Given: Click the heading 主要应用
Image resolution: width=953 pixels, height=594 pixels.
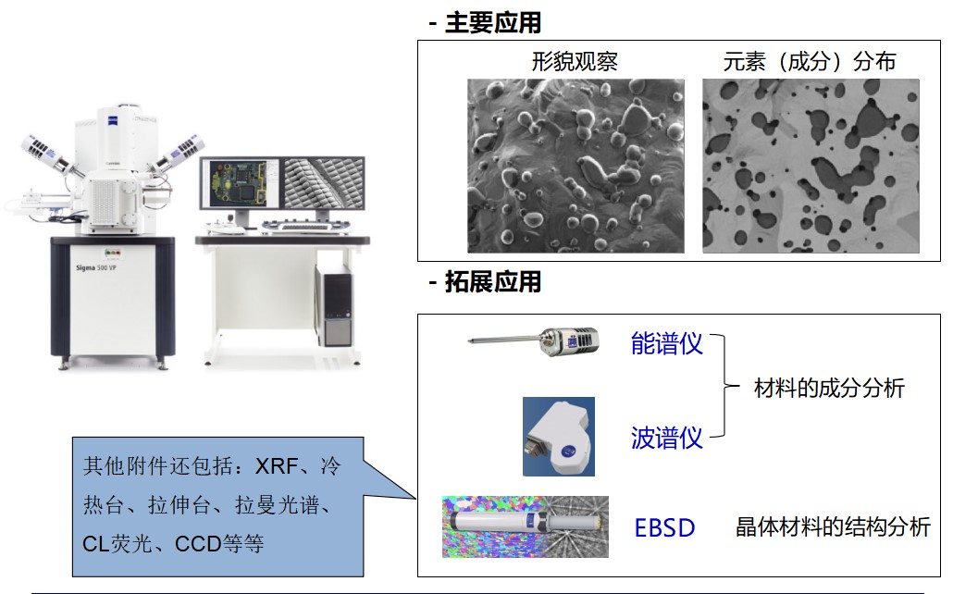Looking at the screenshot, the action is (493, 23).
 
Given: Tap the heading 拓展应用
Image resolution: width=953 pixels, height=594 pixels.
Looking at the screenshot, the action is (493, 282).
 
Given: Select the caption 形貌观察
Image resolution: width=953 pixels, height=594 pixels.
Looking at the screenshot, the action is (575, 61).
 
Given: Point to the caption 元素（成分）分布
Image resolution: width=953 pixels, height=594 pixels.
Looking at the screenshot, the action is (809, 61).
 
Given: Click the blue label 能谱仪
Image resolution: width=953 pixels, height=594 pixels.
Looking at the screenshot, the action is (667, 344).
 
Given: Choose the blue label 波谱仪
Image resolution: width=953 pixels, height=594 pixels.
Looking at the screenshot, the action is (667, 438).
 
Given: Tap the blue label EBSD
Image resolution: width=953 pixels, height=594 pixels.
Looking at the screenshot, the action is (664, 527).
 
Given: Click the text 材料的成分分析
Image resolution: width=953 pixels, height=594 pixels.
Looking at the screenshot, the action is (829, 388).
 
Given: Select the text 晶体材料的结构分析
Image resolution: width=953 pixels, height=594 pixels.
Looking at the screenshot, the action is (833, 526).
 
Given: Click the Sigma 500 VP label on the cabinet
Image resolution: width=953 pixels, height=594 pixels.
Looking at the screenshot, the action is (96, 267).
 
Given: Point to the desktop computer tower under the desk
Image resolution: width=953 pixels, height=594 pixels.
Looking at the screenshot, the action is (334, 305).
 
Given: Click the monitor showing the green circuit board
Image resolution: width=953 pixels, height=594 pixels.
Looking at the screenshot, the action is (240, 184).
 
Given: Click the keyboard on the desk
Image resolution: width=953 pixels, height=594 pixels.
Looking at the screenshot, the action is (306, 228).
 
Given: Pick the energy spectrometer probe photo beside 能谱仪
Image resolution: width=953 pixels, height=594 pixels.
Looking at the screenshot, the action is (534, 341).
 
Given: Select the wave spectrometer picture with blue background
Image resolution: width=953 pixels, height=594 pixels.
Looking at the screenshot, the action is (559, 437).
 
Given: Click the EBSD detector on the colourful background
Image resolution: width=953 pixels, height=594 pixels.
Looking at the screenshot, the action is (526, 526).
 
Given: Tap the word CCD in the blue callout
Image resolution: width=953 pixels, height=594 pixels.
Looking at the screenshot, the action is (199, 543).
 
